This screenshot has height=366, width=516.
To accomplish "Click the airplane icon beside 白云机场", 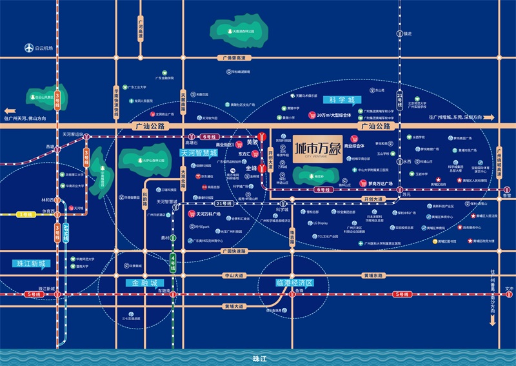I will pyautogui.click(x=28, y=48).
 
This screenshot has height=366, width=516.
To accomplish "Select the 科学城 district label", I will pyautogui.click(x=342, y=101).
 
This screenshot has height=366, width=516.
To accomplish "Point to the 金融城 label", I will pyautogui.click(x=145, y=283).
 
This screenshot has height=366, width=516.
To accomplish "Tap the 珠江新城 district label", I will pyautogui.click(x=30, y=264).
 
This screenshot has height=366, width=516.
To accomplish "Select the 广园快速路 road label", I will pyautogui.click(x=233, y=250).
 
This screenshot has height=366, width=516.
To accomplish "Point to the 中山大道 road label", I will pyautogui.click(x=233, y=276).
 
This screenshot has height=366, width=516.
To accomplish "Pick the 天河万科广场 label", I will pyautogui.click(x=207, y=214).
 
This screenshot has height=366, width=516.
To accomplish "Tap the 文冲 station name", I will pyautogui.click(x=510, y=289).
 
